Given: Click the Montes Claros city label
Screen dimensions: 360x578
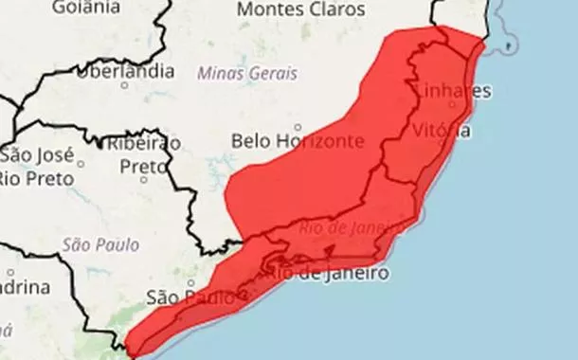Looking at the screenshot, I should (x=300, y=9).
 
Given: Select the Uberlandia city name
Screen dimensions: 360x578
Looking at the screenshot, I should (x=126, y=72).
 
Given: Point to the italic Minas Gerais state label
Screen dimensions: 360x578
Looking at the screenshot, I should (x=246, y=73).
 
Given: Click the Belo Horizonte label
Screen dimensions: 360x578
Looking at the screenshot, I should (x=298, y=141).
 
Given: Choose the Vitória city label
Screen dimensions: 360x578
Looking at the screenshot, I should (x=442, y=132).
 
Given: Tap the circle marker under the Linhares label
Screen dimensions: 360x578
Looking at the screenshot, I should (x=451, y=104).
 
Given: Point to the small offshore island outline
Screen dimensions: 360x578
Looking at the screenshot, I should (x=512, y=45).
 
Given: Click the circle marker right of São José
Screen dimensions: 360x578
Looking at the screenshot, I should (x=80, y=162).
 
